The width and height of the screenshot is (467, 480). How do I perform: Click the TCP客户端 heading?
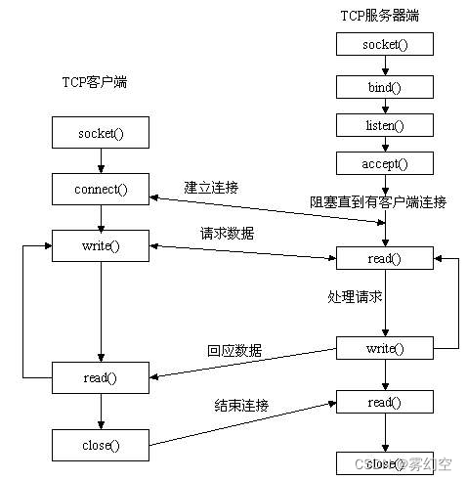coord(88,83)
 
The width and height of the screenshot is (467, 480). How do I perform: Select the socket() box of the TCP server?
coord(384,44)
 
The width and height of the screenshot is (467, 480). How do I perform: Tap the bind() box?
coord(384,86)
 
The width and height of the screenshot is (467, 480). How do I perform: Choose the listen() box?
coord(384,124)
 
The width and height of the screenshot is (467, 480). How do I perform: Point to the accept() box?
coord(384,162)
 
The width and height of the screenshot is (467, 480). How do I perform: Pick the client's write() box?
coord(101,244)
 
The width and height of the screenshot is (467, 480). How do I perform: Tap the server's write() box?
coord(384,348)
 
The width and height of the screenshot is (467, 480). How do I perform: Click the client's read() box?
coord(101,376)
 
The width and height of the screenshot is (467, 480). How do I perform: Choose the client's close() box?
coord(101,445)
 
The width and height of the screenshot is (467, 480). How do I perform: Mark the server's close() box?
coord(384,462)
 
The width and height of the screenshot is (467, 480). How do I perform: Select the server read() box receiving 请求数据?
coord(384,258)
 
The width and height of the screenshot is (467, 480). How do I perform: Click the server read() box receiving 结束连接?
coord(384,402)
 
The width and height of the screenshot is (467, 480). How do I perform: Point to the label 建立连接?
coord(212,186)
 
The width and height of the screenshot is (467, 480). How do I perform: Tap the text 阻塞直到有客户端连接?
coord(378,202)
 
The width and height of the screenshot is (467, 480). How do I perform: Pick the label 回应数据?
coord(234,350)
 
